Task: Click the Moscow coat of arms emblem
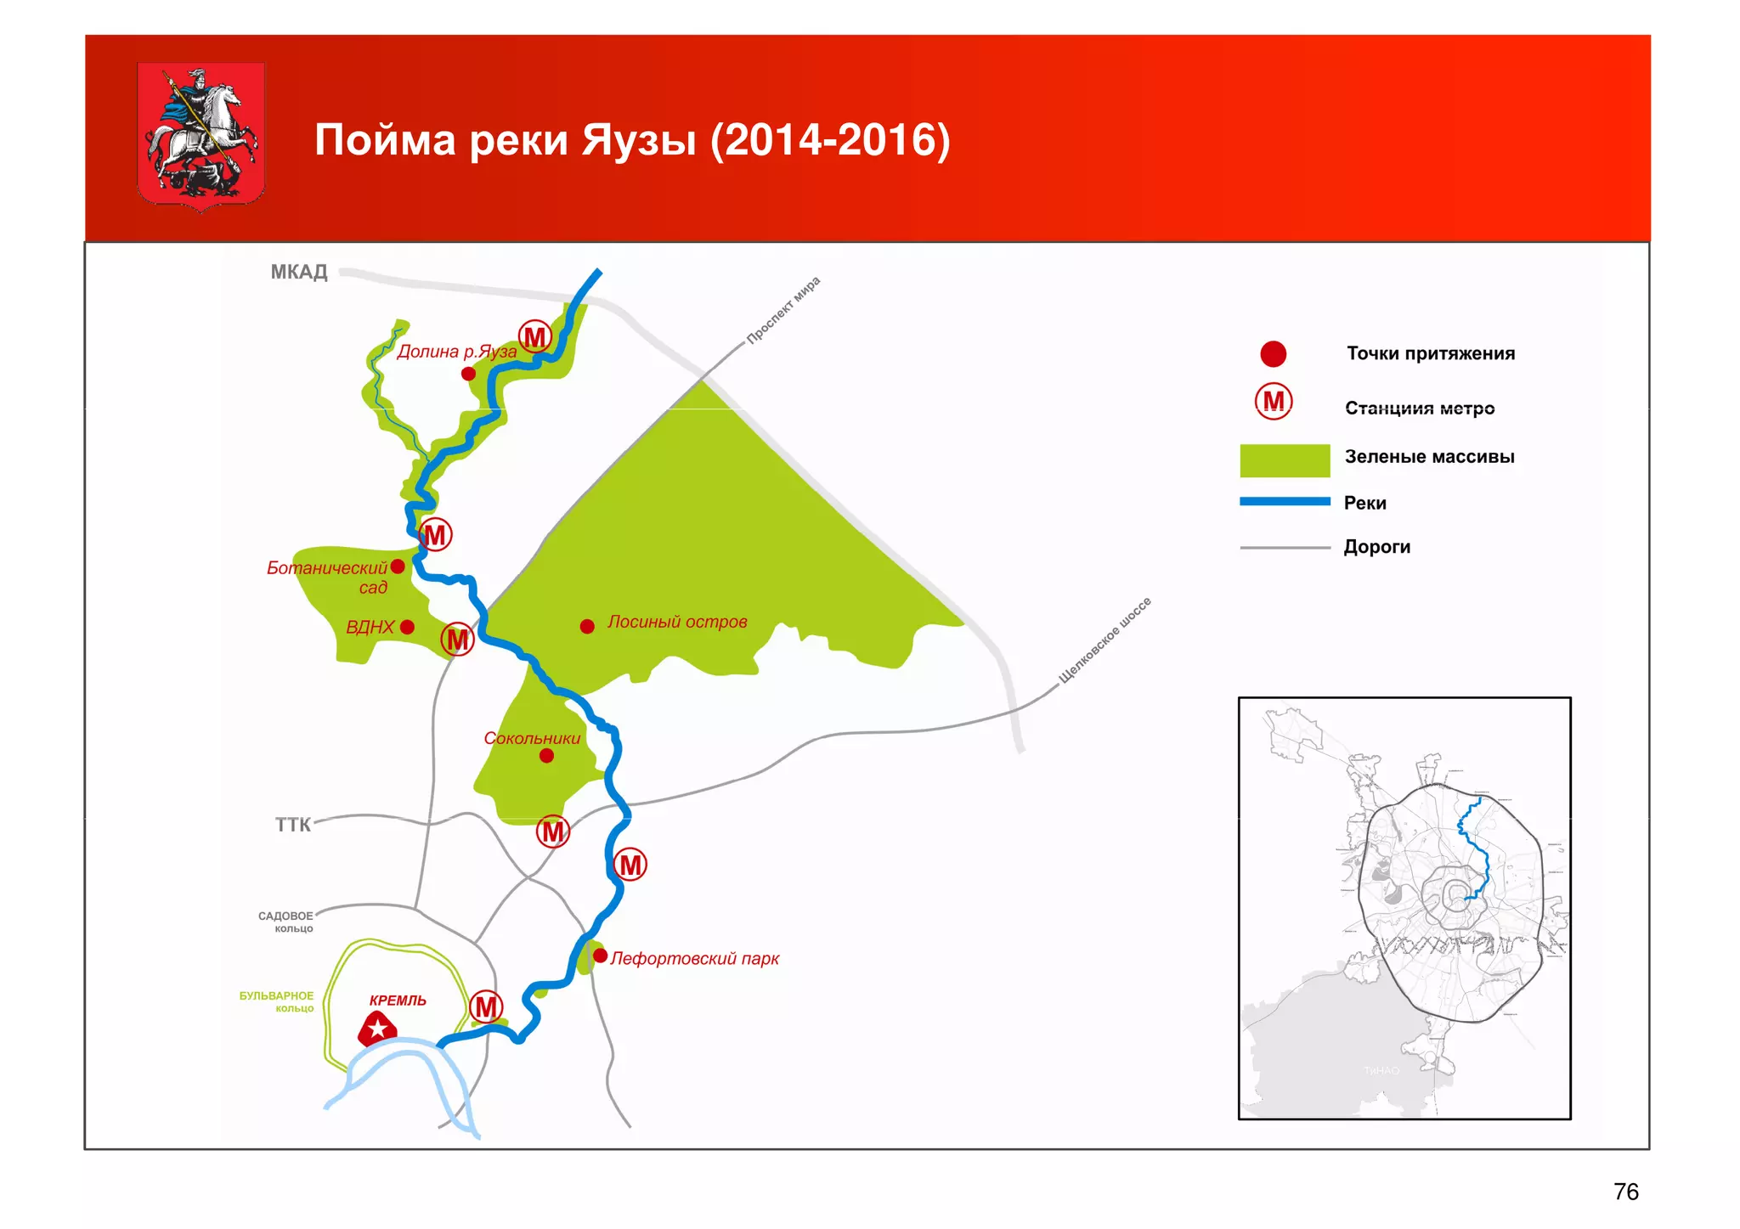[x=201, y=135]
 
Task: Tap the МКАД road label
[x=298, y=272]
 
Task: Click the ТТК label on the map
[x=292, y=825]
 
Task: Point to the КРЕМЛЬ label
[x=398, y=1001]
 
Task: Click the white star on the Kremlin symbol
[x=378, y=1029]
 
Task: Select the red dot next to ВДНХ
[x=407, y=627]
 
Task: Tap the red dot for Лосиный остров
[x=587, y=627]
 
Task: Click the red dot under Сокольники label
[x=546, y=756]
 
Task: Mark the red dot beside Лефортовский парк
[x=600, y=956]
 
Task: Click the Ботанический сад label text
[x=327, y=577]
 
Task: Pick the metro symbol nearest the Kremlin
[x=486, y=1007]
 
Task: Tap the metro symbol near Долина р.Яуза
[x=535, y=337]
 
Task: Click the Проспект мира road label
[x=783, y=310]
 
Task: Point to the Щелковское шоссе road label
[x=1104, y=640]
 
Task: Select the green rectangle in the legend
[x=1285, y=460]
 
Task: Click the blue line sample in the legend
[x=1285, y=502]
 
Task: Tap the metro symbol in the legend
[x=1274, y=402]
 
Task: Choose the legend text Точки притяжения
[x=1431, y=353]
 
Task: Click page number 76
[x=1625, y=1192]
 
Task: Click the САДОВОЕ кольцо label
[x=286, y=922]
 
